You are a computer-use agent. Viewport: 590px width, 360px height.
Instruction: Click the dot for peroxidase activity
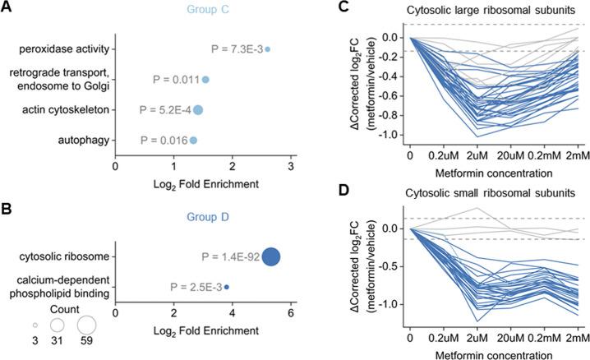tap(267, 49)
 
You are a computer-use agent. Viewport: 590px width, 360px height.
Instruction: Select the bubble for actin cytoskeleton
tap(198, 109)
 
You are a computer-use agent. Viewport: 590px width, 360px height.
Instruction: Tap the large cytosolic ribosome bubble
tap(271, 256)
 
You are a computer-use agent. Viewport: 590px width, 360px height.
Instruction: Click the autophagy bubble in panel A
tap(193, 141)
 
